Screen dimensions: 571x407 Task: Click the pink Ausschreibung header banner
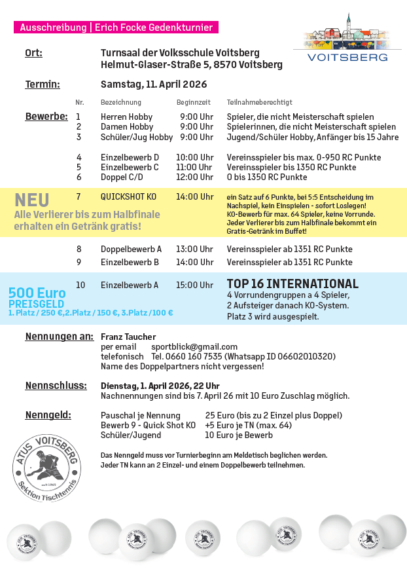pyautogui.click(x=116, y=28)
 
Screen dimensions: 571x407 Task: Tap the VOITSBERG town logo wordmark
pyautogui.click(x=347, y=57)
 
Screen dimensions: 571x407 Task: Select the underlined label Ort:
pyautogui.click(x=33, y=53)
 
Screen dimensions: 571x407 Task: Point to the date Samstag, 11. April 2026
pyautogui.click(x=154, y=84)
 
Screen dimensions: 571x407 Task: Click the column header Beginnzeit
pyautogui.click(x=193, y=103)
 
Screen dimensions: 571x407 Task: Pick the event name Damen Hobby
pyautogui.click(x=127, y=127)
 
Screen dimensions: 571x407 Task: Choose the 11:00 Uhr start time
pyautogui.click(x=194, y=167)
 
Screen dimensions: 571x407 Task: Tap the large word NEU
pyautogui.click(x=31, y=200)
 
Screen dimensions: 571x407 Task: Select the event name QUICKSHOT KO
pyautogui.click(x=128, y=196)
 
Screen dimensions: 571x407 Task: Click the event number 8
pyautogui.click(x=79, y=249)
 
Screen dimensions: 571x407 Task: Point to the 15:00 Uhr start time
pyautogui.click(x=194, y=285)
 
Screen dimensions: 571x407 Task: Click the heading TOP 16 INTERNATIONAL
pyautogui.click(x=292, y=284)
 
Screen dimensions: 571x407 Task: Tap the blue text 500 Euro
pyautogui.click(x=37, y=293)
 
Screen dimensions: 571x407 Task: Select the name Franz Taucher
pyautogui.click(x=124, y=337)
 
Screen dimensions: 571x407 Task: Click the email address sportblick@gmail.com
pyautogui.click(x=194, y=346)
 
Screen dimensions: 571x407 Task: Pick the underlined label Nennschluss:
pyautogui.click(x=56, y=386)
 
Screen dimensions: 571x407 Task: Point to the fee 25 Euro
pyautogui.click(x=219, y=415)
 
